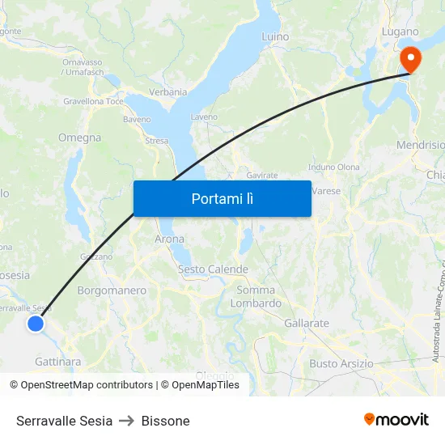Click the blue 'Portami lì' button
222,198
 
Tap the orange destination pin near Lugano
409,58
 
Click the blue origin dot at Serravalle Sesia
35,324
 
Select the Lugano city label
400,32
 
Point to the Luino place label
275,36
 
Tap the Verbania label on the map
168,92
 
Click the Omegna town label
79,138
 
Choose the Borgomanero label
112,290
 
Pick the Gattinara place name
57,362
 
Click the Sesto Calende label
213,269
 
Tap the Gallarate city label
307,323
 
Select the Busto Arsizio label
341,364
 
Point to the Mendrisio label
420,145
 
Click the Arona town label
169,239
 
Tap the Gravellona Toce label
93,102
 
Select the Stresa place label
156,141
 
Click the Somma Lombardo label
256,297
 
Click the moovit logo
396,420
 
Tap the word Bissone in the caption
165,421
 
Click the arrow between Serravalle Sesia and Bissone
127,421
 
